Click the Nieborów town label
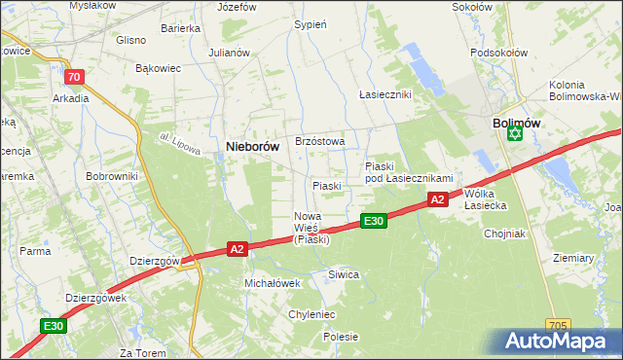(253, 146)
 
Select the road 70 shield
(73, 77)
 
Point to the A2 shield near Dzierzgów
(237, 250)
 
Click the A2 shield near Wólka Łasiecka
(437, 199)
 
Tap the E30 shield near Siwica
(374, 222)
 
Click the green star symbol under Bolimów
(515, 135)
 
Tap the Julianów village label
(230, 53)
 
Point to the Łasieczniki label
(385, 94)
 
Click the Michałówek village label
(272, 282)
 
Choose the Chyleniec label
(311, 314)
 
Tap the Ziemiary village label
(572, 258)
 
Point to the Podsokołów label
(498, 53)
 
